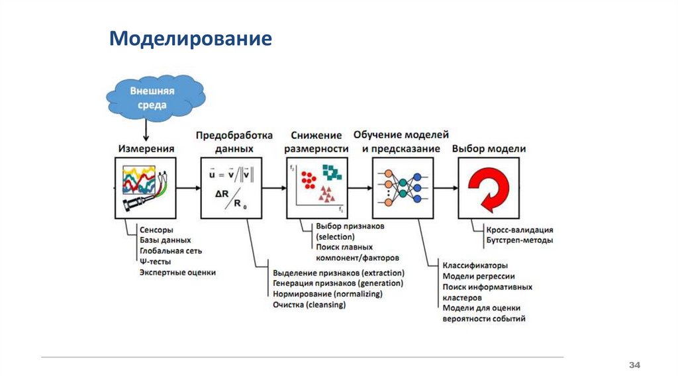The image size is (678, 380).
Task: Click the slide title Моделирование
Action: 191,38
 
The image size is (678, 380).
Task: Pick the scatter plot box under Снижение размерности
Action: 316,188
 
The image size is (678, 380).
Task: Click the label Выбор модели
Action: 489,149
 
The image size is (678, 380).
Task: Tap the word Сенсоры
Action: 156,230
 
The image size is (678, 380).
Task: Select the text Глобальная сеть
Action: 171,251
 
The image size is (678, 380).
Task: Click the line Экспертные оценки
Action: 177,272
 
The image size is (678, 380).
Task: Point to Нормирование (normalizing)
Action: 327,294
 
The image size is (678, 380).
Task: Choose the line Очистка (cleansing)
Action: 309,305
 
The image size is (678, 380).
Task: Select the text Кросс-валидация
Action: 516,230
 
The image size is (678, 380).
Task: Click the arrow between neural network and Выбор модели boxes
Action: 444,188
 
